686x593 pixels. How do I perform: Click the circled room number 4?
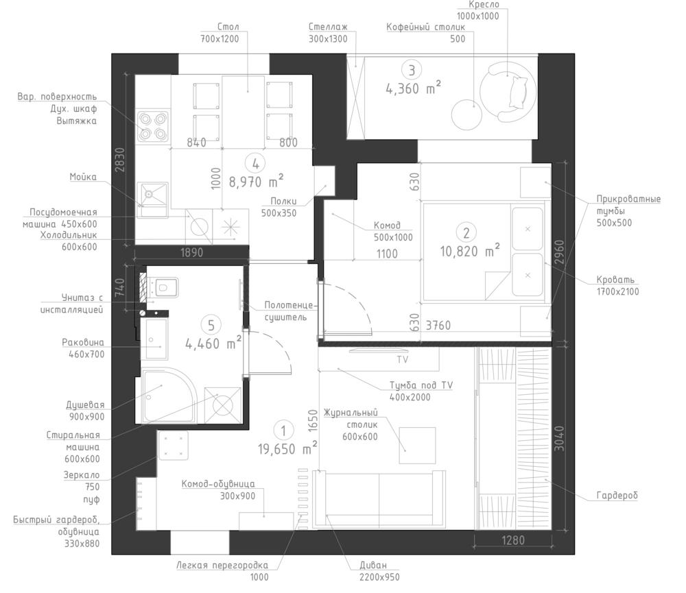pyautogui.click(x=255, y=164)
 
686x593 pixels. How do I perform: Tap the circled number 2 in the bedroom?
pyautogui.click(x=466, y=232)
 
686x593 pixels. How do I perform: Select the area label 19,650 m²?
pyautogui.click(x=287, y=448)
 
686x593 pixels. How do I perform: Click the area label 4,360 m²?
pyautogui.click(x=412, y=88)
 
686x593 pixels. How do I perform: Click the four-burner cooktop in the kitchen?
pyautogui.click(x=153, y=125)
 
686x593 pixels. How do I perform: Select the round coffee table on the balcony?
pyautogui.click(x=466, y=114)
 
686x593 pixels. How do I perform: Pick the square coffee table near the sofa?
pyautogui.click(x=417, y=446)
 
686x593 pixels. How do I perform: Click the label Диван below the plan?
pyautogui.click(x=373, y=565)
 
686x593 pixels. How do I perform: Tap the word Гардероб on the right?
pyautogui.click(x=617, y=496)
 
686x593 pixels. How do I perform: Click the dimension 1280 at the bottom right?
pyautogui.click(x=512, y=540)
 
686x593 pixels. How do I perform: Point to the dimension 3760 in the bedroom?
pyautogui.click(x=438, y=326)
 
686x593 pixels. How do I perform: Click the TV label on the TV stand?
pyautogui.click(x=403, y=359)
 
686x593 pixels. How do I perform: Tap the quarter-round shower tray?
pyautogui.click(x=166, y=396)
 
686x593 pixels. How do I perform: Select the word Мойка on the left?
pyautogui.click(x=83, y=177)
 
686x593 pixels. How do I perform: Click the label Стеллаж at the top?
pyautogui.click(x=328, y=27)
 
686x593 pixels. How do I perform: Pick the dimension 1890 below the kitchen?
pyautogui.click(x=191, y=252)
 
